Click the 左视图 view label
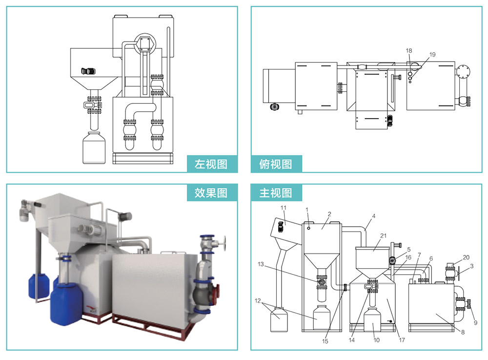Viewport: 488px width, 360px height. click(211, 164)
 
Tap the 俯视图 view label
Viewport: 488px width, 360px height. click(276, 164)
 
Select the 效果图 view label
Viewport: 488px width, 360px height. click(211, 192)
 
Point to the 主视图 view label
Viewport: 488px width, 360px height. click(276, 192)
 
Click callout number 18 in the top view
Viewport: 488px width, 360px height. click(409, 51)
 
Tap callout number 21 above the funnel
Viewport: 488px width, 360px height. click(384, 236)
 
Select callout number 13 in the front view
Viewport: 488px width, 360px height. click(261, 264)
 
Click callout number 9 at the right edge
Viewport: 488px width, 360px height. click(475, 322)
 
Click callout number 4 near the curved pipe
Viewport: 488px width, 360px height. click(373, 215)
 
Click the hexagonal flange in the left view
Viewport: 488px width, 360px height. click(144, 44)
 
